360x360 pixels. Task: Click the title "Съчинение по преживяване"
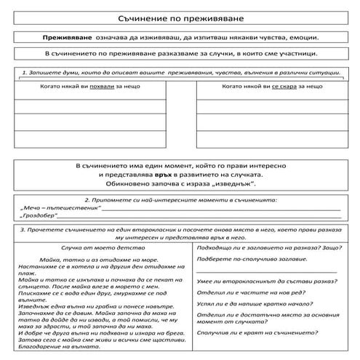coord(180,15)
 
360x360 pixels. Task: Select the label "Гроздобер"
coord(41,217)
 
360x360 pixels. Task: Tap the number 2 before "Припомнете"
coord(87,199)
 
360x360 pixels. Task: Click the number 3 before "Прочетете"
coord(23,229)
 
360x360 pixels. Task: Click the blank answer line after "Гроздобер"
coord(204,217)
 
